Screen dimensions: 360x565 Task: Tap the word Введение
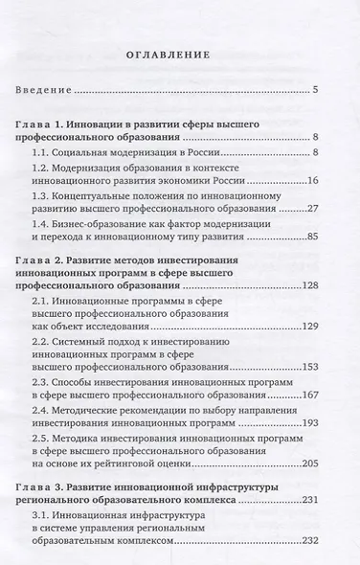(45, 91)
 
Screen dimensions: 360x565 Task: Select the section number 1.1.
(44, 151)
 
